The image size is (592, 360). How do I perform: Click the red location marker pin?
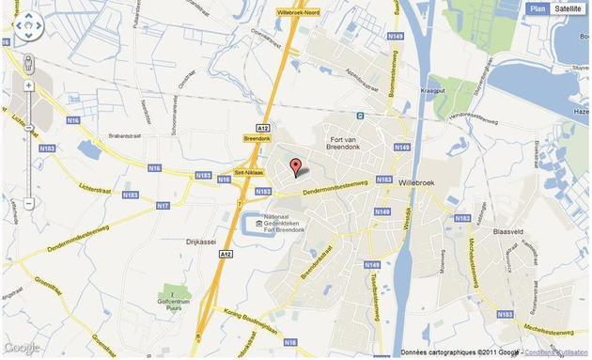pyautogui.click(x=296, y=167)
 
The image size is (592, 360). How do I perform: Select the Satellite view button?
pyautogui.click(x=568, y=8)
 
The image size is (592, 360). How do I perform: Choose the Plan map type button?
pyautogui.click(x=537, y=8)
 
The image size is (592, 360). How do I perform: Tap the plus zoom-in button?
pyautogui.click(x=28, y=86)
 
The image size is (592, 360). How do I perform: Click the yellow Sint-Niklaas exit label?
pyautogui.click(x=245, y=175)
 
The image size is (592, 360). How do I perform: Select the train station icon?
pyautogui.click(x=359, y=117)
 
